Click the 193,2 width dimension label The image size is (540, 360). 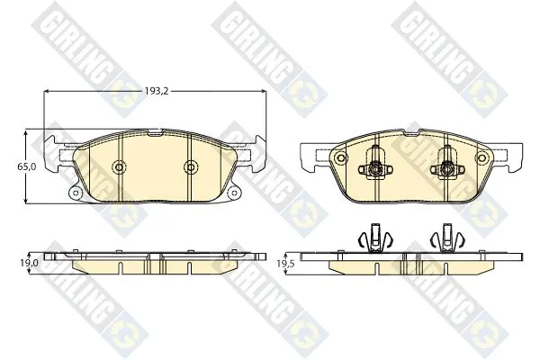coord(157,91)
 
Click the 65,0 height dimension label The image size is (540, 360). coord(27,166)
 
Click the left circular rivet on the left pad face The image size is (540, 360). coord(119,167)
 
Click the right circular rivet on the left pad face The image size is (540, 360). coord(191,167)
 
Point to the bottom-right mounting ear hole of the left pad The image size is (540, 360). coord(233,193)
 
